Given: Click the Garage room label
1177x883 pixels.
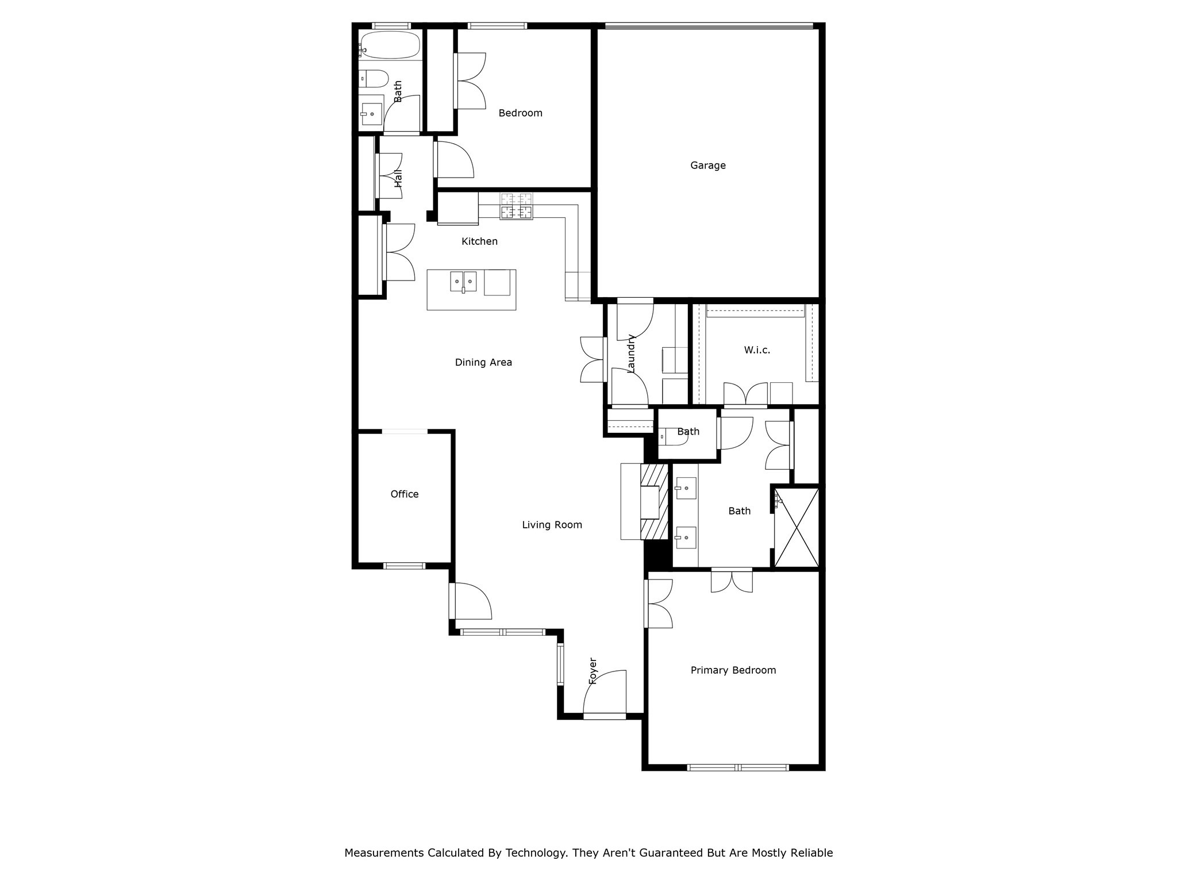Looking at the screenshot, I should pos(707,166).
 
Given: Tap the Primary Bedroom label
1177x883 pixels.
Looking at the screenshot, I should pos(733,670).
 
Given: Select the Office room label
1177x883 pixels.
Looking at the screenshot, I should pos(404,494).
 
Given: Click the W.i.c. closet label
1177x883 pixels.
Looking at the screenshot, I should pos(756,350).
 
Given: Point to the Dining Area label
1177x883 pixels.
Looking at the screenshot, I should pos(483,363).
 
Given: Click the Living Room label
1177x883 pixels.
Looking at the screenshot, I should pos(552,525).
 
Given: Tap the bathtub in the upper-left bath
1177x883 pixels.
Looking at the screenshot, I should pos(389,45).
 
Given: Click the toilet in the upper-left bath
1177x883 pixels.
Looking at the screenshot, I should pos(373,78).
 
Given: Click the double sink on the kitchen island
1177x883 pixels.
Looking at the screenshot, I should pos(463,281).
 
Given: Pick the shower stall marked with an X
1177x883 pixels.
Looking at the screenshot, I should pos(796,528).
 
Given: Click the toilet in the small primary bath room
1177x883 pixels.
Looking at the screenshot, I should pos(671,437).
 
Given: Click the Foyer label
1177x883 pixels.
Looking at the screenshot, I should pos(593,671).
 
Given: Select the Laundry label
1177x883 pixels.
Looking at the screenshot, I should pos(631,354).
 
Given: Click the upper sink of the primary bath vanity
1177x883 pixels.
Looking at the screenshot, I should pos(686,489).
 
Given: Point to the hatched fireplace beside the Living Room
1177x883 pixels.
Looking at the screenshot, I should pos(655,502).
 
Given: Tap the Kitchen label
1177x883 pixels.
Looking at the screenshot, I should pos(479,241).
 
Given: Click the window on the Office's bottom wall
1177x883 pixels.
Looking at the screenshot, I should pos(404,566).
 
